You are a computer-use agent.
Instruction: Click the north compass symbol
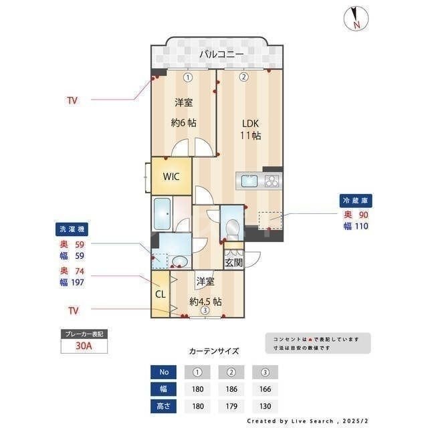point(354,19)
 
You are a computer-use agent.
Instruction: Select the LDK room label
point(250,124)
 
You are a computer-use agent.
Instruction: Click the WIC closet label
point(171,177)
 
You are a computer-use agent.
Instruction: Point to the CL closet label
point(160,293)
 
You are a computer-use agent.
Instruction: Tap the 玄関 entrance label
point(233,263)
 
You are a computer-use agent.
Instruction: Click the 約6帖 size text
point(183,123)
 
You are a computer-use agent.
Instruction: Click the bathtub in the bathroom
point(163,214)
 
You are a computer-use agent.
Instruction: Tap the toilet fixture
point(231,227)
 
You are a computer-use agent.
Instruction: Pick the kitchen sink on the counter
point(247,181)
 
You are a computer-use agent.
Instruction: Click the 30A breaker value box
point(84,346)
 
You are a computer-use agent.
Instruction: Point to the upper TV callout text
point(72,101)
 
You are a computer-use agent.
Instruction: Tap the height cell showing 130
point(264,406)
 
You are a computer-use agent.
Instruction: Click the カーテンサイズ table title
point(213,350)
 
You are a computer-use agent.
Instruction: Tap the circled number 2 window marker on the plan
point(244,77)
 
